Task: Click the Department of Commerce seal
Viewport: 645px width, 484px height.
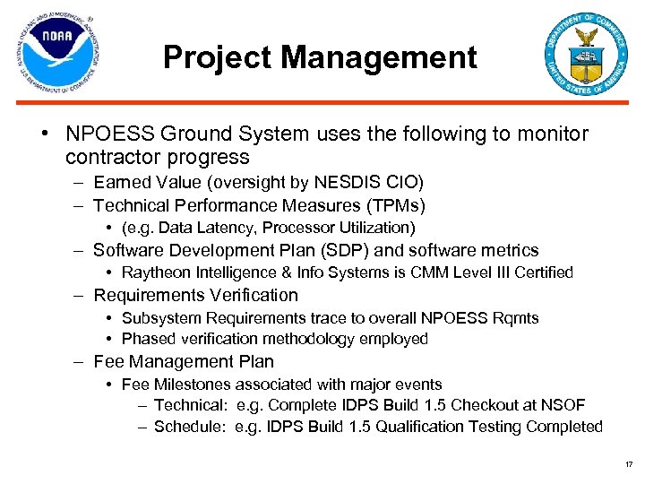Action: tap(587, 55)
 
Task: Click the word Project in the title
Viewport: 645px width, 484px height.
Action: tap(218, 58)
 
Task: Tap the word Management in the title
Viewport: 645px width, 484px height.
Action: tap(379, 58)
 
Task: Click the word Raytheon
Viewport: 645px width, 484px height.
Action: tap(154, 272)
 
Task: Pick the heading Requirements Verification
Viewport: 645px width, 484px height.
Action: tap(195, 295)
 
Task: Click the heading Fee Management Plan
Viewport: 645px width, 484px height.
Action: tap(184, 361)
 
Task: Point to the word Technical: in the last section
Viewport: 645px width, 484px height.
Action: tap(190, 405)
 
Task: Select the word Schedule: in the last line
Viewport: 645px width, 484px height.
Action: tap(190, 427)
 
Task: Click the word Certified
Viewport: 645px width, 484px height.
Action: tap(543, 272)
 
